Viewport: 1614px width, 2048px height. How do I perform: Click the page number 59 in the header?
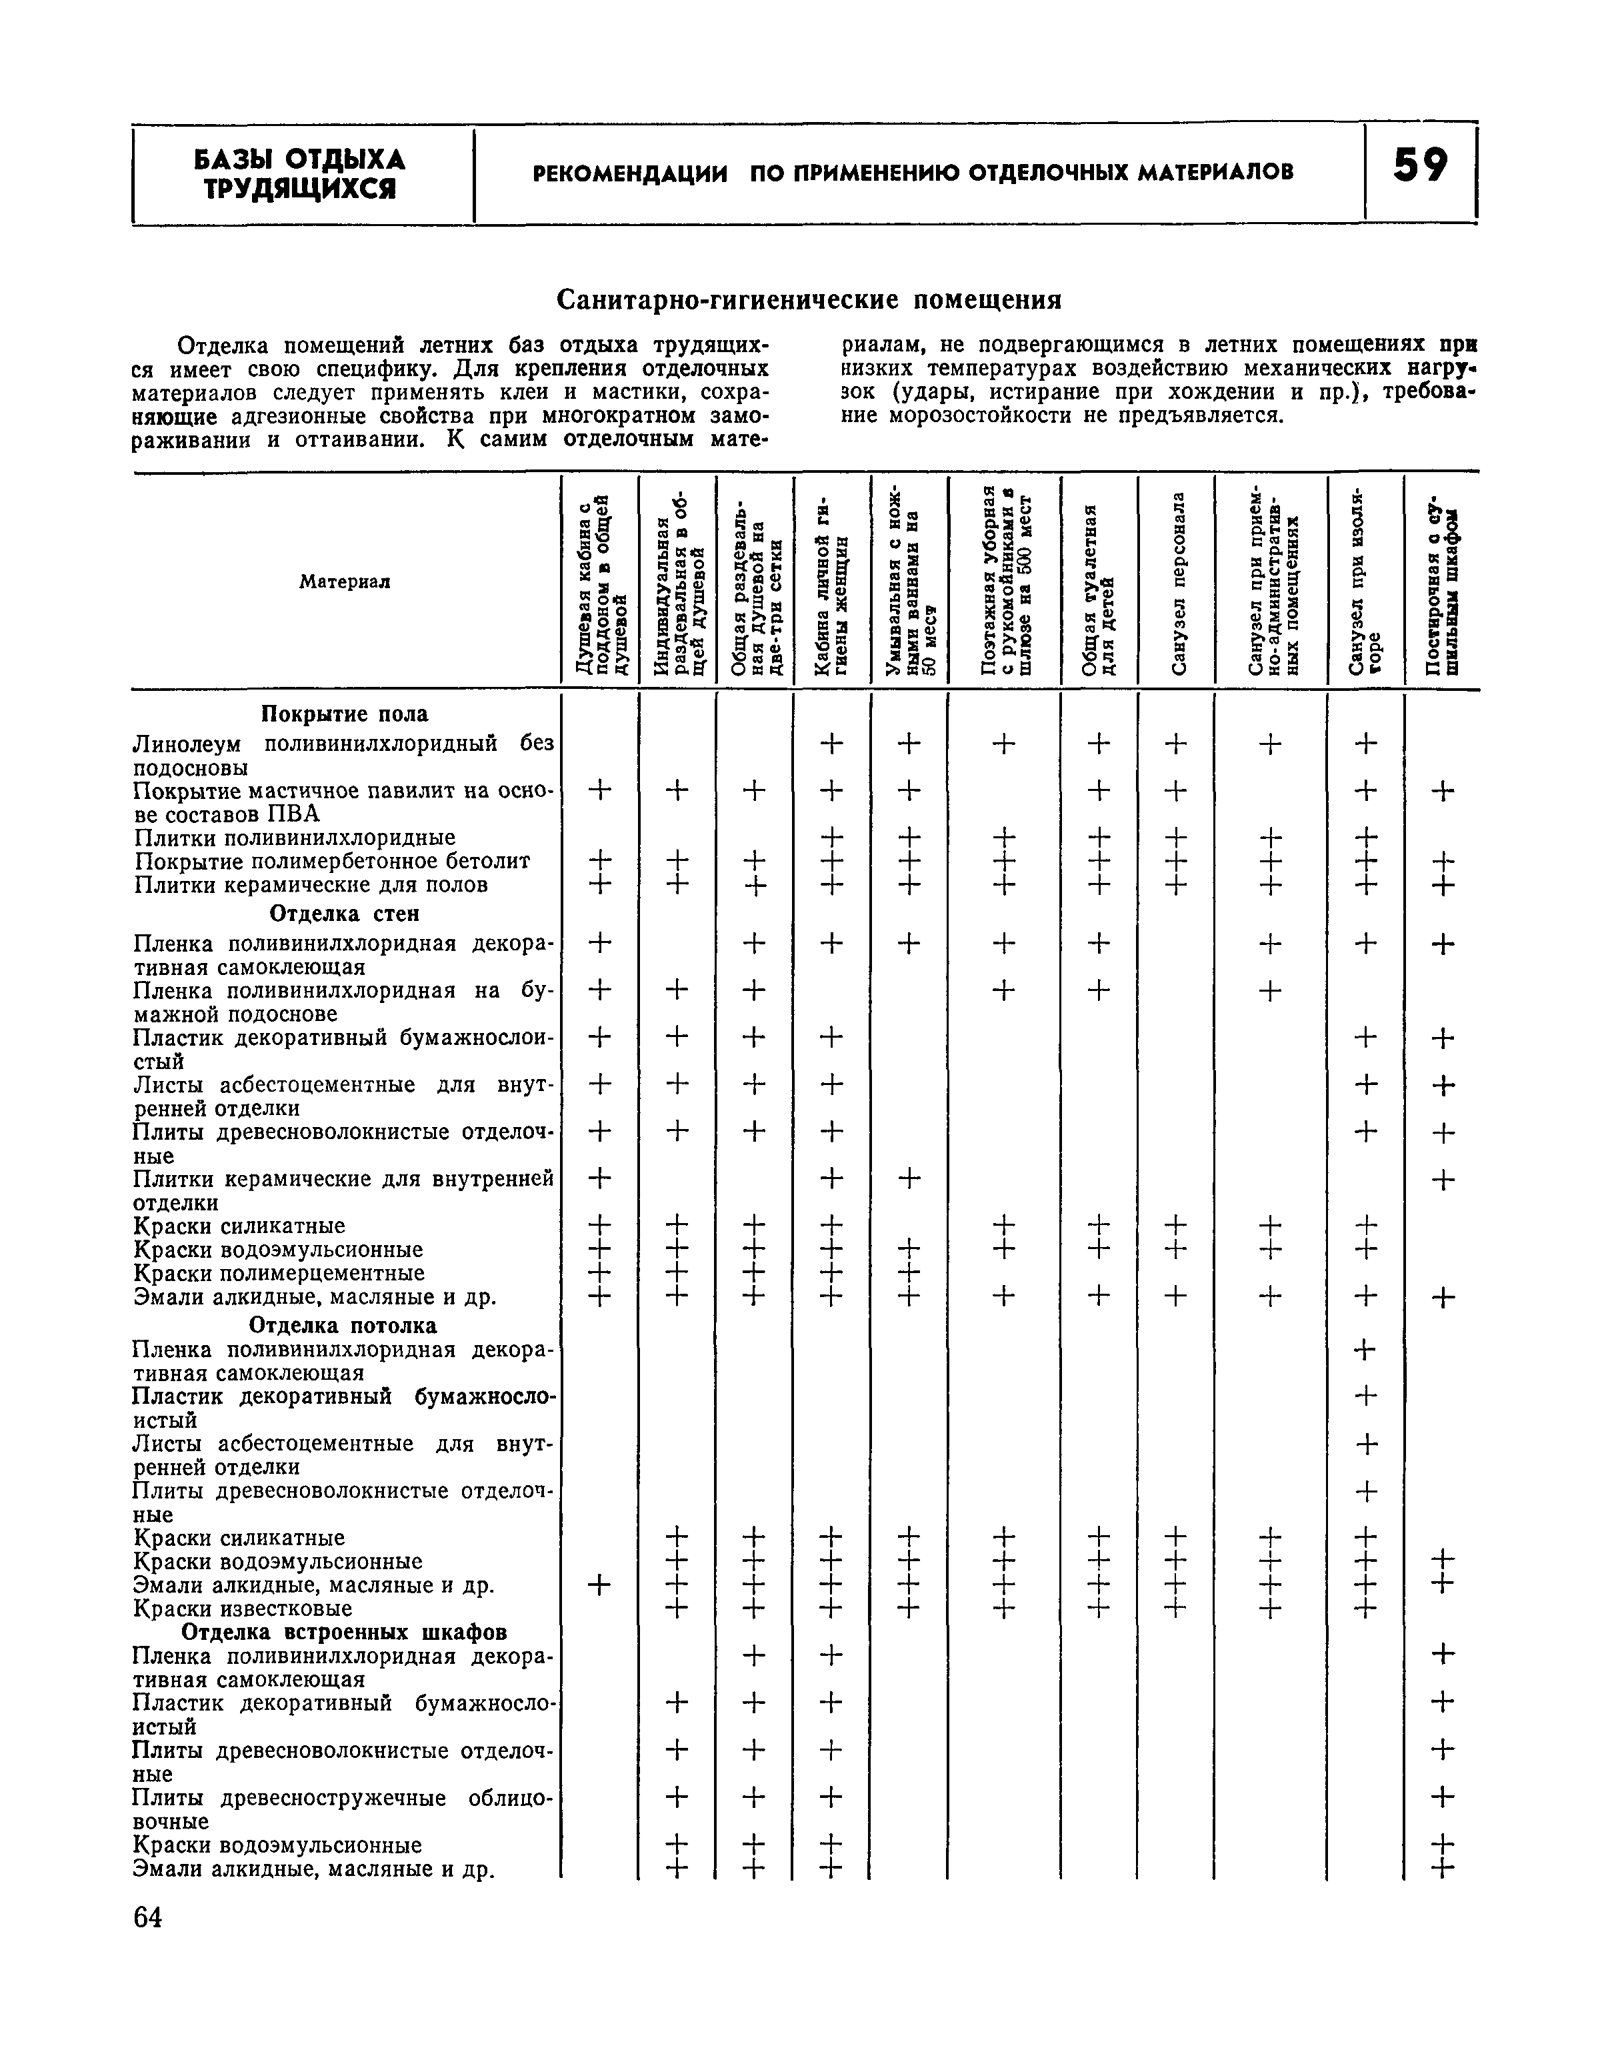tap(1419, 167)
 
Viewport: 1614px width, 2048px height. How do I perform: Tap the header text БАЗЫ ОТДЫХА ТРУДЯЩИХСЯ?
tap(299, 174)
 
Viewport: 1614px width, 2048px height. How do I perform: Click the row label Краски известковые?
tap(243, 1609)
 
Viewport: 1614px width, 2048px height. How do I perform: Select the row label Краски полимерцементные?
tap(280, 1273)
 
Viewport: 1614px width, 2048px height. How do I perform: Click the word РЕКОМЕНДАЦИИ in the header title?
tap(630, 173)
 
